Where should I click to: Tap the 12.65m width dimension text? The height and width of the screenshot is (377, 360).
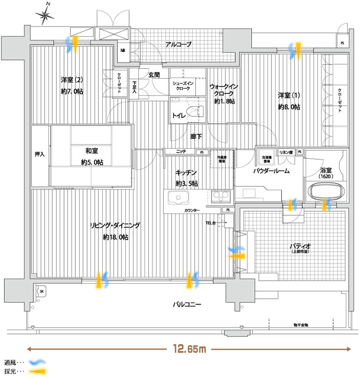coord(188,349)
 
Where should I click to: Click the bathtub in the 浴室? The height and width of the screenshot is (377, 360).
coord(325,190)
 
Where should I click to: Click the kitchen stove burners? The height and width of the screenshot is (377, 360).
coord(221,198)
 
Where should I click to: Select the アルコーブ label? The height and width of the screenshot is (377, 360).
coord(178,44)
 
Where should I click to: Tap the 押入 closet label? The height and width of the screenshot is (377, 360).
coord(40,154)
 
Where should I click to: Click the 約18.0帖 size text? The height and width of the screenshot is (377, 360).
coord(115,237)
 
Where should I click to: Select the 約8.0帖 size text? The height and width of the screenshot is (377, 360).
coord(289,107)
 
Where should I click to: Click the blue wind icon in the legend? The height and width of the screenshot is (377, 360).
coord(36,362)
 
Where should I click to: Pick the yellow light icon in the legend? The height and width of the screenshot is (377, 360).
coord(36,372)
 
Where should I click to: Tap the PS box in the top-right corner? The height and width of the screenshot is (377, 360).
coord(342,43)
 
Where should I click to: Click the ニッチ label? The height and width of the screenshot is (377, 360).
coord(181,152)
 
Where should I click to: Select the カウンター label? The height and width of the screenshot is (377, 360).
coord(192,210)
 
